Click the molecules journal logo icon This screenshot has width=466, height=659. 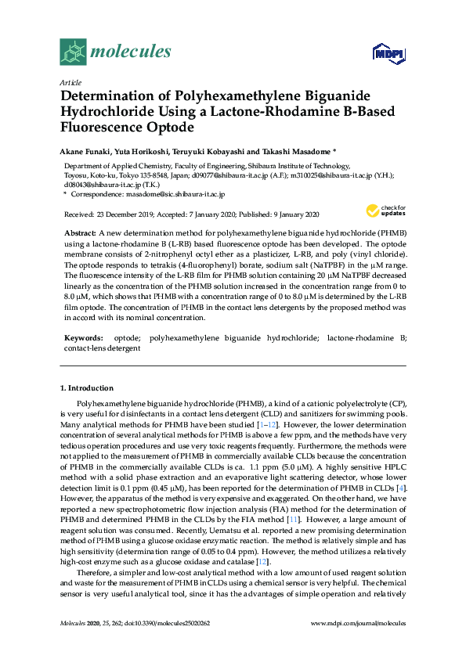tap(73, 52)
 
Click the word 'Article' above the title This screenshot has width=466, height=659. tap(69, 81)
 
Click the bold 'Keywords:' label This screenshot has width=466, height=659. tap(82, 338)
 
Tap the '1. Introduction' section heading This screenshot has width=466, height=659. tap(87, 388)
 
